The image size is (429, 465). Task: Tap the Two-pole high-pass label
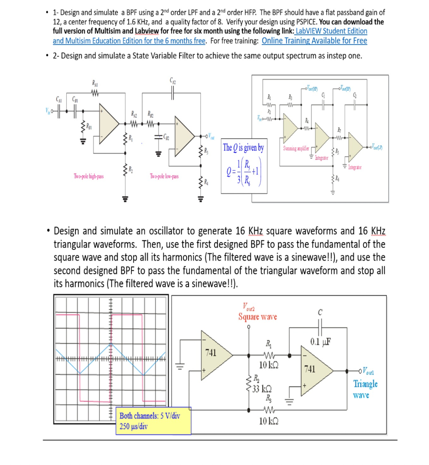pos(89,176)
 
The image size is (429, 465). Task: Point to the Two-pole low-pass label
pos(164,176)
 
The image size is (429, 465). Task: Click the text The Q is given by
pos(243,148)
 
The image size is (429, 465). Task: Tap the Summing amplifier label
pos(295,148)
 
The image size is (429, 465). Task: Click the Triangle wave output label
pos(365,389)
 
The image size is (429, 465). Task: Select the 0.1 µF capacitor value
pos(321,341)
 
